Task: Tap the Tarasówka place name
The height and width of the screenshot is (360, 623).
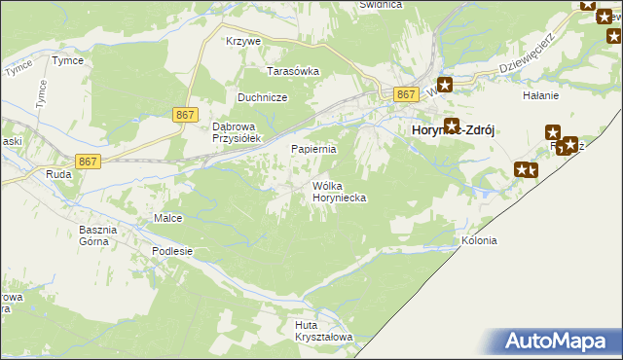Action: (x=294, y=71)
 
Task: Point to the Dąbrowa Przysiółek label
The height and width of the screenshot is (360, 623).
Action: (x=235, y=131)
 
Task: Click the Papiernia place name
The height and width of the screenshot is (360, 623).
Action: (x=314, y=149)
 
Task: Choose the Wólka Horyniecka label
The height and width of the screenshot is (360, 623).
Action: (x=338, y=191)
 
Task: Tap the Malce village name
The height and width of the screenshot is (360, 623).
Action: (x=168, y=218)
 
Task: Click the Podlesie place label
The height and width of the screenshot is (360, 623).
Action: (x=172, y=250)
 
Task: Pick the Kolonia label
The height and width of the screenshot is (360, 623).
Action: (x=479, y=240)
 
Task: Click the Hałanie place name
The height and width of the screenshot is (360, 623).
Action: (x=540, y=95)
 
